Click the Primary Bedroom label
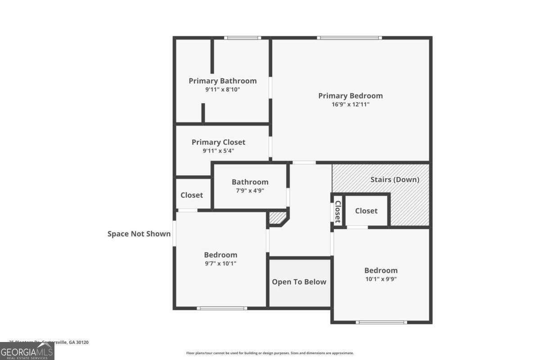coord(351,96)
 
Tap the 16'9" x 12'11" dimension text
coord(351,104)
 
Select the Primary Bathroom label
coord(222,81)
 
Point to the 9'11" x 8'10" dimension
coord(222,90)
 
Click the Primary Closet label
coord(218,142)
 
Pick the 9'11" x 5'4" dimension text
coord(218,151)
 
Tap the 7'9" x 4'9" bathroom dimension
coord(250,190)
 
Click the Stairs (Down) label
coord(395,180)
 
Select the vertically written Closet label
coord(337,211)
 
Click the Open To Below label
coord(299,282)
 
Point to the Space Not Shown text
coord(139,234)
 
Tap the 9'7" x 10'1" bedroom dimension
coord(220,263)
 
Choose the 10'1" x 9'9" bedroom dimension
coord(381,279)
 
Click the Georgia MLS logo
coord(27,351)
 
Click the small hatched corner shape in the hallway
coord(278,219)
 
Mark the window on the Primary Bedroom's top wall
coord(349,38)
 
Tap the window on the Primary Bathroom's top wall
coord(242,38)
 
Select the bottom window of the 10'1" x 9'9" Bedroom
coord(381,322)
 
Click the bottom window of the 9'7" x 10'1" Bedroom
coord(222,308)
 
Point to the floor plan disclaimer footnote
coord(270,353)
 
